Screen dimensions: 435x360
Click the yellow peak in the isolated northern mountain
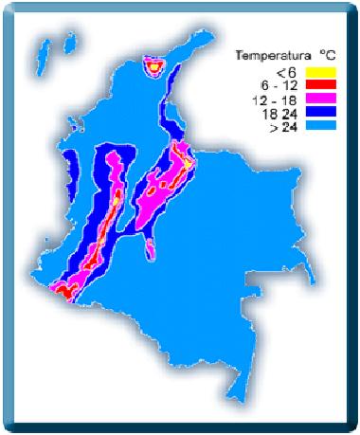[153, 65]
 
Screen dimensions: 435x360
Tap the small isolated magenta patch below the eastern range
[152, 249]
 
